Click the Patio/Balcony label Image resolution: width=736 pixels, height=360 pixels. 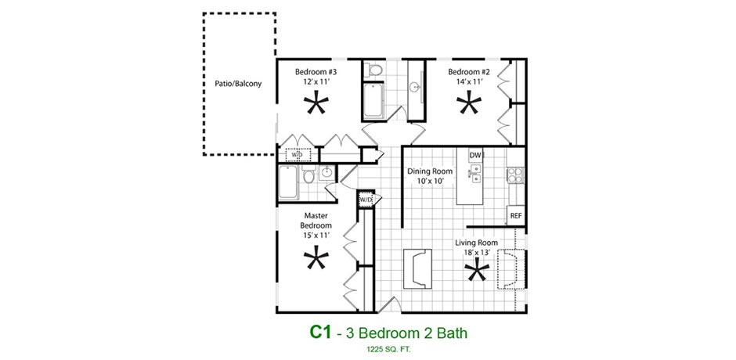coord(238,84)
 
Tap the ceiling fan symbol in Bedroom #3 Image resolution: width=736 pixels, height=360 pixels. coord(316,105)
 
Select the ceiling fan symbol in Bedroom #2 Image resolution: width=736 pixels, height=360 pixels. coord(469,105)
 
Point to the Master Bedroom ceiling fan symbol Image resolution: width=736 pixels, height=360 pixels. coord(316,259)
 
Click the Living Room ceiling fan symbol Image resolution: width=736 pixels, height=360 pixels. coord(477,272)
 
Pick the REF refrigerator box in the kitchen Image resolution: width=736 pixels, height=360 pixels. coord(516,216)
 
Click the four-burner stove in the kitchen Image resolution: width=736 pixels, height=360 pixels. coord(515,175)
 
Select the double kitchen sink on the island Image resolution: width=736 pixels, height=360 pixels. coord(474,173)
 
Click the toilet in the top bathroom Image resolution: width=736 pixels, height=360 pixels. coord(374,70)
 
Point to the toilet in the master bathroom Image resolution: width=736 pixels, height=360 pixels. coord(308,175)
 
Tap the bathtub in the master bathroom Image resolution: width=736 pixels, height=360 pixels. coord(288,182)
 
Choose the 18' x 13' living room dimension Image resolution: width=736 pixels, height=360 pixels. coord(475,253)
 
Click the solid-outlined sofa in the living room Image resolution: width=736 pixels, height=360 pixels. coord(417,269)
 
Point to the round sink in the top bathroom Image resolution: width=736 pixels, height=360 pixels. coord(415,88)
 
